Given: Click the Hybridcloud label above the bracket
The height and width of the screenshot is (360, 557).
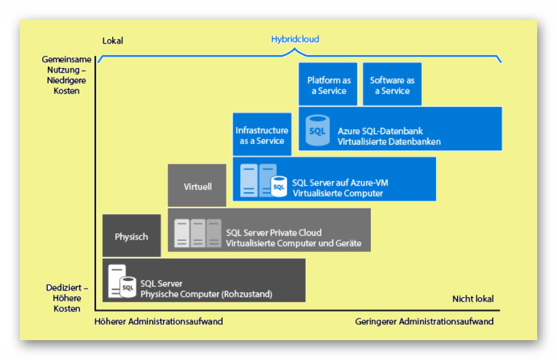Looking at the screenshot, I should [295, 39].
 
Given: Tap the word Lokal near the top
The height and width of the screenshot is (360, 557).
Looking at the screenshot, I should [113, 41].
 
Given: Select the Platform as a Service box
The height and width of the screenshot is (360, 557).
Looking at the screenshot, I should [328, 85].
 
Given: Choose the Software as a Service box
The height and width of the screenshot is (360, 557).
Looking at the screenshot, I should [392, 85].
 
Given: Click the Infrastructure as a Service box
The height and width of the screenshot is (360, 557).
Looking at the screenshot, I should [262, 135].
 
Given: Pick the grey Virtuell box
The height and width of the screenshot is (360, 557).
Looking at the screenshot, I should [197, 186].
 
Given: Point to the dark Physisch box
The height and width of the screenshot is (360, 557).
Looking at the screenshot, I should [131, 236].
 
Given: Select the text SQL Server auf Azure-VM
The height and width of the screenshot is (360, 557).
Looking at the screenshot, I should [340, 182].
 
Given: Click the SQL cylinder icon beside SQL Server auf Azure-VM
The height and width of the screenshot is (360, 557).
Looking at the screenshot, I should [278, 186].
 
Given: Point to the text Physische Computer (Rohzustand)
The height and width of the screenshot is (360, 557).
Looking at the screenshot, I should [207, 294].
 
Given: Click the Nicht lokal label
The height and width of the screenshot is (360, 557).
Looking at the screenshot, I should [473, 299].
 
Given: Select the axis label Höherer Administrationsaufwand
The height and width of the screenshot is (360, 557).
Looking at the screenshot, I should [159, 322].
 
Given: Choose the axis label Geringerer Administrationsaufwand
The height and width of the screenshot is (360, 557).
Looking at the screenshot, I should [424, 322].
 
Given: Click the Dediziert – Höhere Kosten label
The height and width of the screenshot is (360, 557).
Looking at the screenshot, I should [67, 299].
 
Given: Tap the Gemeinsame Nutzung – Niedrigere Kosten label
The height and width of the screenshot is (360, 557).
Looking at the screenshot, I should [67, 75].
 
